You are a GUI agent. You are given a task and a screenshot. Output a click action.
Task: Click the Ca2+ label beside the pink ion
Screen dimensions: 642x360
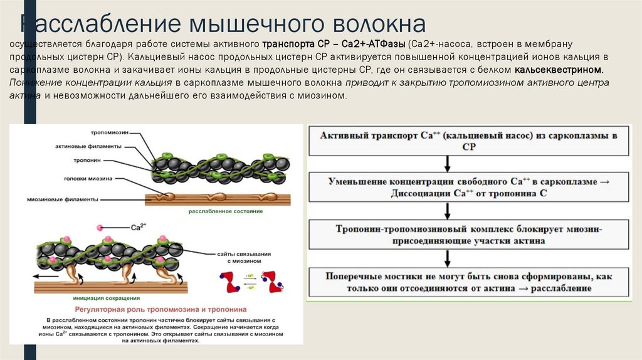tap(138, 226)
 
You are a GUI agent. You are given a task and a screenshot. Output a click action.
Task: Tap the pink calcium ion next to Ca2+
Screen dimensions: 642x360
tap(100, 227)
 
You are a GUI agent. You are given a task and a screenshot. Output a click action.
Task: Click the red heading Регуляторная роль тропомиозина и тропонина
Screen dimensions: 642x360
tap(161, 309)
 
